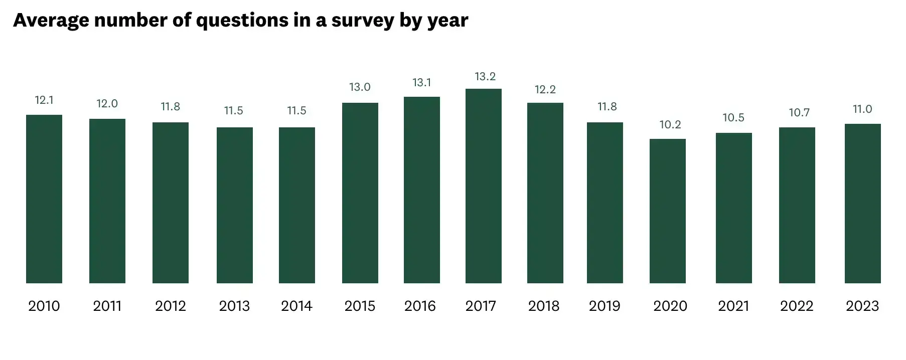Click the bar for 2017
pyautogui.click(x=483, y=186)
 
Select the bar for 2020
pyautogui.click(x=667, y=211)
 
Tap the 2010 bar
pyautogui.click(x=44, y=199)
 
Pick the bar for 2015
pyautogui.click(x=360, y=193)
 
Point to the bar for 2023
pyautogui.click(x=862, y=204)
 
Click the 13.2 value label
pyautogui.click(x=485, y=77)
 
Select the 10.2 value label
pyautogui.click(x=670, y=125)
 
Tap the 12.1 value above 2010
pyautogui.click(x=44, y=100)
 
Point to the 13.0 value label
pyautogui.click(x=360, y=87)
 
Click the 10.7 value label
pyautogui.click(x=799, y=113)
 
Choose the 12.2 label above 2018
pyautogui.click(x=545, y=90)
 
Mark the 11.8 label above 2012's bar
pyautogui.click(x=170, y=107)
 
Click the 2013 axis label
pyautogui.click(x=234, y=306)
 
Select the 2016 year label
pyautogui.click(x=420, y=306)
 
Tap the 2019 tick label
pyautogui.click(x=604, y=306)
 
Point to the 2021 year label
pyautogui.click(x=733, y=306)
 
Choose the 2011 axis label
pyautogui.click(x=107, y=306)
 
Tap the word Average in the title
pyautogui.click(x=51, y=21)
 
